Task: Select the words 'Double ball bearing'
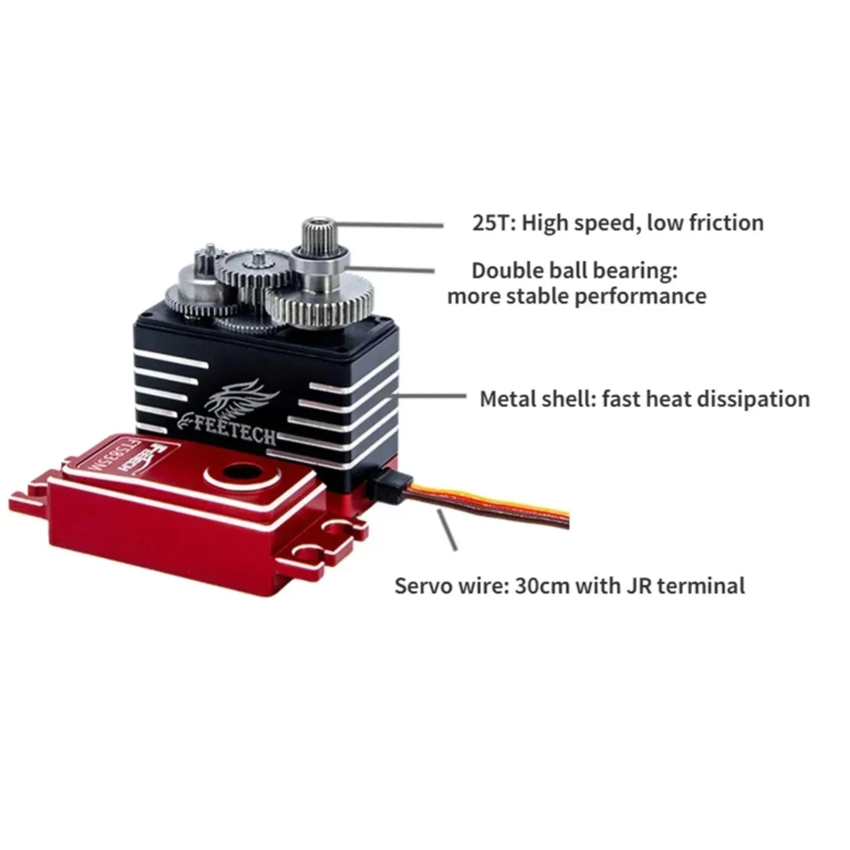coord(574,271)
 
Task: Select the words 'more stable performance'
coord(576,296)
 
